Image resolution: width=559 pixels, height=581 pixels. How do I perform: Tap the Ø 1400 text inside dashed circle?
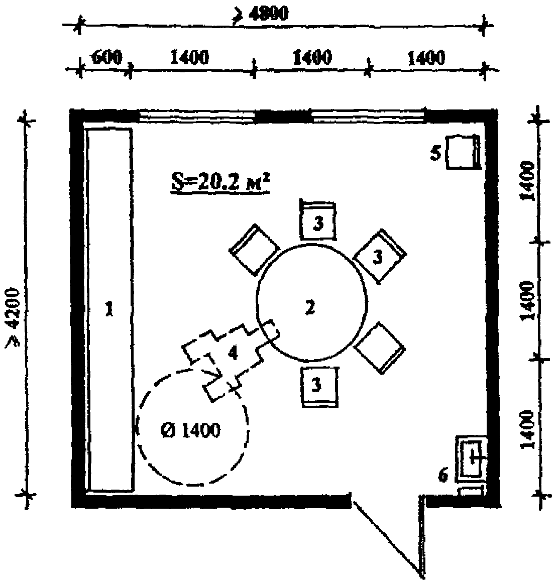point(191,430)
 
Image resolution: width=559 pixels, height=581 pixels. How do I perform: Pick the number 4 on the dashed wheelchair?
point(232,354)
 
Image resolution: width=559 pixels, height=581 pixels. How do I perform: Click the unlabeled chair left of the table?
point(254,250)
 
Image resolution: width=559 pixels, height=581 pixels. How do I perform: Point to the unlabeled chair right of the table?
point(380,347)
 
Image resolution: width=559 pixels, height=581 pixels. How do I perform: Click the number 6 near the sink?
point(442,475)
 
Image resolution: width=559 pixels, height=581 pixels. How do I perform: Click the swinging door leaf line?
point(387,535)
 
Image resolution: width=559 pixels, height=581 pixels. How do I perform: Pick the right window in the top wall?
point(368,117)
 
